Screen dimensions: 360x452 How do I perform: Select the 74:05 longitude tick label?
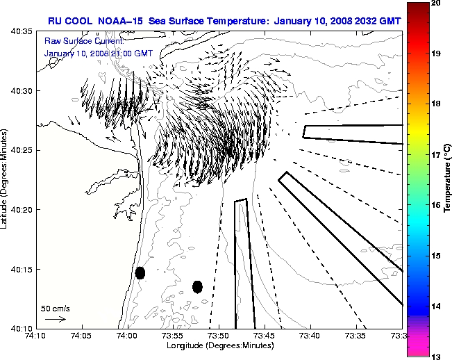[82, 336]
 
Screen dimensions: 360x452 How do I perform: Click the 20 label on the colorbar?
[435, 3]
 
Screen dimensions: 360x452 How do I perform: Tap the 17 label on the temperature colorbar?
[435, 155]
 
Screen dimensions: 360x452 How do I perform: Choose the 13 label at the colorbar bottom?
[435, 357]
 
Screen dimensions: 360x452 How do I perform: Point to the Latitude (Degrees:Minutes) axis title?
[6, 179]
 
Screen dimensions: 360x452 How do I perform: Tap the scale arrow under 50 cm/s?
[55, 319]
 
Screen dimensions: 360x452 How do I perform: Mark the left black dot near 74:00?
[140, 272]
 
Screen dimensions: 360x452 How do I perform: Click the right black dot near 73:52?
[197, 286]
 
